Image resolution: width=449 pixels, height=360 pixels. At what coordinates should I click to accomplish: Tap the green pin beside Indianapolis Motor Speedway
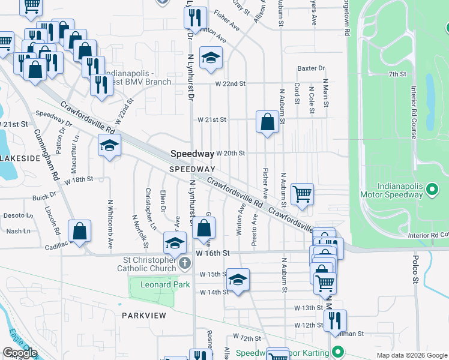432,191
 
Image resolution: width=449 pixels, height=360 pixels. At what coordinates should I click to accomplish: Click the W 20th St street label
231,154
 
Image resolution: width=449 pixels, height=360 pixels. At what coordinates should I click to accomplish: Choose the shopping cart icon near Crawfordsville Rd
302,194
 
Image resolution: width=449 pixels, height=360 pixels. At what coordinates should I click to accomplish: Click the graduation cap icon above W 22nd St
210,58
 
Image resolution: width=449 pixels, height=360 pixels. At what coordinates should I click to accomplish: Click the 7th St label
397,74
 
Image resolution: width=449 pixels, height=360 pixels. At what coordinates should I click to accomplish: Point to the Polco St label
415,268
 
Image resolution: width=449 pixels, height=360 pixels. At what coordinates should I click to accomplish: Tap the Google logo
19,353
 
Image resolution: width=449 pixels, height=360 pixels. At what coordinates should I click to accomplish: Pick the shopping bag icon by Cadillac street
79,231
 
